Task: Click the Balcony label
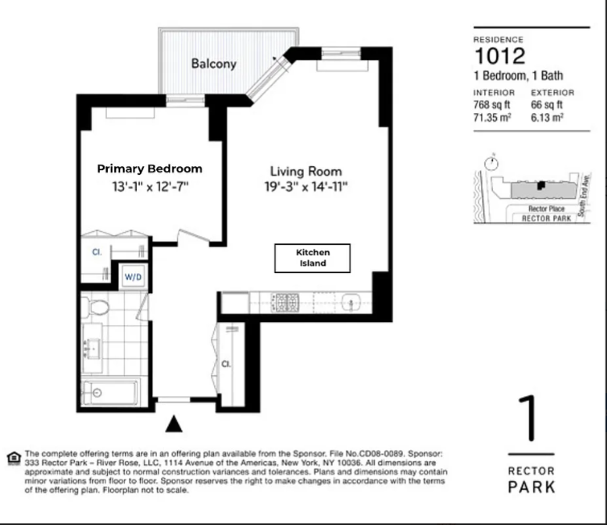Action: [x=213, y=64]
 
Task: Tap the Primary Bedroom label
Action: [x=149, y=168]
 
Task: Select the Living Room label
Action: [x=306, y=171]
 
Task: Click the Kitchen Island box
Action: [x=312, y=258]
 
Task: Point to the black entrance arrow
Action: [x=175, y=424]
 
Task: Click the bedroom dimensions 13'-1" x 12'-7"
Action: [x=150, y=186]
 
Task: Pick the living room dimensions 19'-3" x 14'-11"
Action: [x=306, y=186]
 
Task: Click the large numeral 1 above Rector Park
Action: [x=531, y=420]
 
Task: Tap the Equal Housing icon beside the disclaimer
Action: [x=12, y=457]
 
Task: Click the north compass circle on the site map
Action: [x=491, y=164]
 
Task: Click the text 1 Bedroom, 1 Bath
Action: [x=518, y=76]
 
